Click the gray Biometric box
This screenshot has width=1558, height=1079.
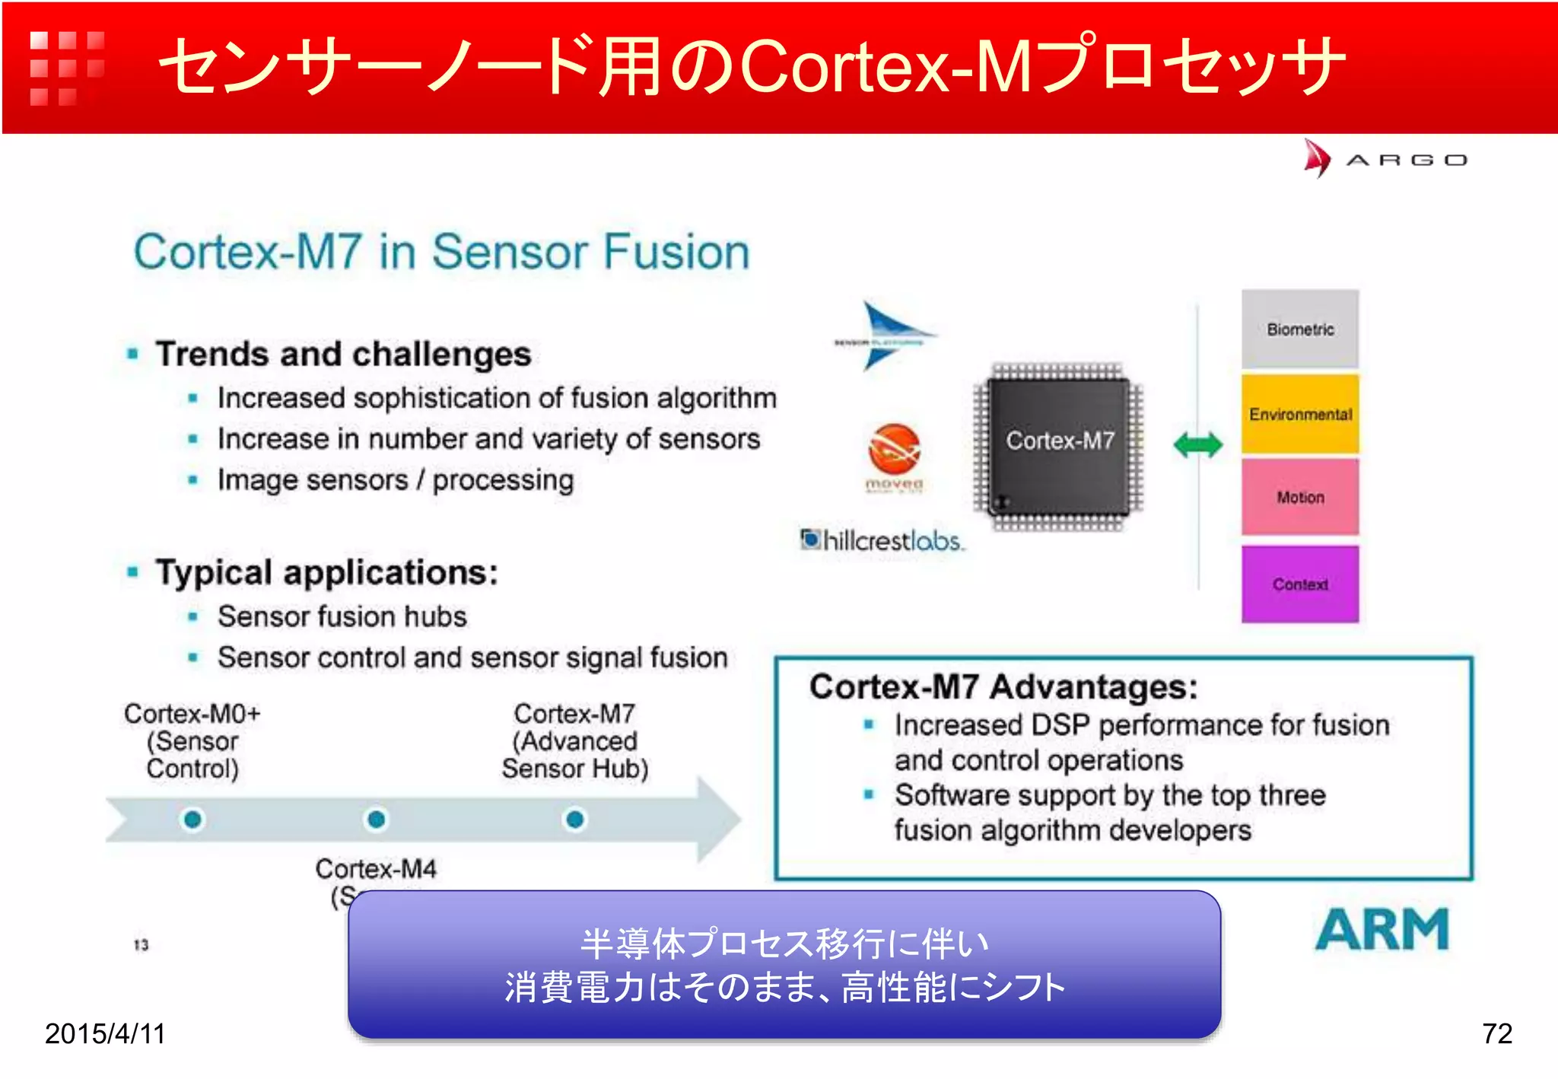point(1299,329)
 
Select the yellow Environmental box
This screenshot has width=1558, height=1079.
point(1299,414)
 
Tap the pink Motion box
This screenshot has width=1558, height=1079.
point(1299,497)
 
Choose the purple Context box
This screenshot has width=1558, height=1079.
point(1299,584)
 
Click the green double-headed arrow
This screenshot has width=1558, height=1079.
point(1197,444)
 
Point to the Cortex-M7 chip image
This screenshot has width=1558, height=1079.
point(1059,446)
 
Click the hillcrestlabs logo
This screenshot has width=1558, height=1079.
point(882,540)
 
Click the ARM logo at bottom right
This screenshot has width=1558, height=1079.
point(1382,930)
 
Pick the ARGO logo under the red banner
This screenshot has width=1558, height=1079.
point(1385,159)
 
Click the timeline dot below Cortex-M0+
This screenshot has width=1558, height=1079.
point(192,820)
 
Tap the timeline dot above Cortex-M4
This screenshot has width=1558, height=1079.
point(376,820)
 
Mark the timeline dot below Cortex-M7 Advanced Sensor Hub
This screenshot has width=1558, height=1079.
point(575,820)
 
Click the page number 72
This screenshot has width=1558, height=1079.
point(1496,1033)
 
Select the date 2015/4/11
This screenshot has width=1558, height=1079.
point(105,1033)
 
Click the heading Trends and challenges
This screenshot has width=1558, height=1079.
point(343,355)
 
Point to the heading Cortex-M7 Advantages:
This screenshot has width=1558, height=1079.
point(1003,687)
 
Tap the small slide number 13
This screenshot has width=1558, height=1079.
point(141,945)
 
